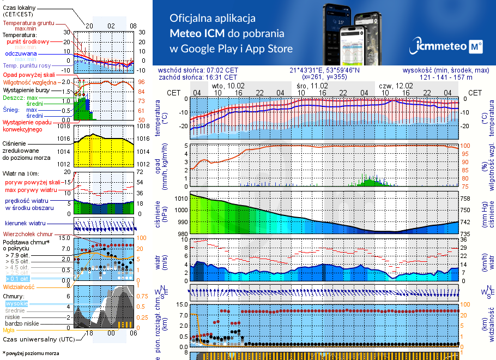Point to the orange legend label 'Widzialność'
click(19, 286)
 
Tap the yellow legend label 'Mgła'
click(8, 329)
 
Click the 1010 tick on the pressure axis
click(181, 199)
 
